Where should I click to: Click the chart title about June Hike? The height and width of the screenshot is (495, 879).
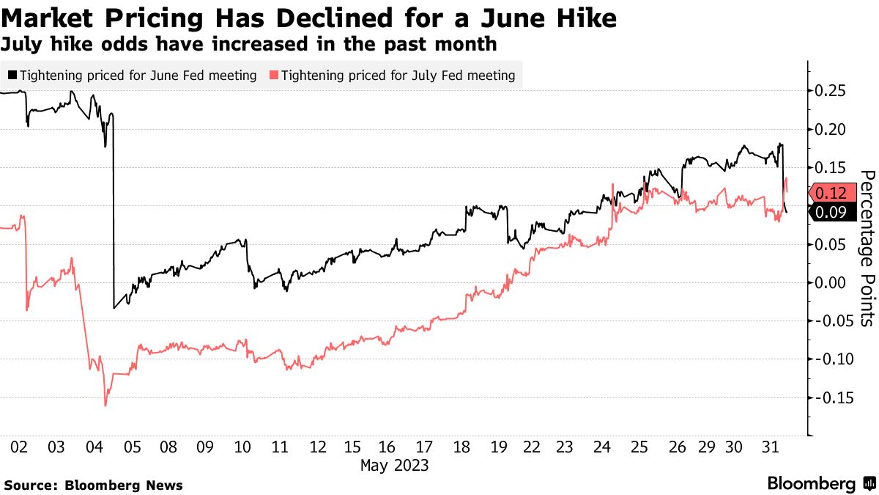click(308, 18)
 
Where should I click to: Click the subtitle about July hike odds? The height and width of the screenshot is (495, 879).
click(249, 44)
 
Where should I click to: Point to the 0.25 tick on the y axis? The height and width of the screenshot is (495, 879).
click(831, 91)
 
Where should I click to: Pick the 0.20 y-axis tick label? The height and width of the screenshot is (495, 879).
click(831, 130)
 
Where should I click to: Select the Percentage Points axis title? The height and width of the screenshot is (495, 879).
click(866, 248)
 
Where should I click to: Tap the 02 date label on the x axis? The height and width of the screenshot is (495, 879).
click(20, 447)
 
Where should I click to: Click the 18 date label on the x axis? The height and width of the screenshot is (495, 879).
click(461, 447)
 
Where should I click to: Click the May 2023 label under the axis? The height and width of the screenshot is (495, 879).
click(394, 465)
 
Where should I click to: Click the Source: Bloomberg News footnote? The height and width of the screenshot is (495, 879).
click(94, 485)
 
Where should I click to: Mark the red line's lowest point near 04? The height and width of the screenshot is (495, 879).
click(105, 406)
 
